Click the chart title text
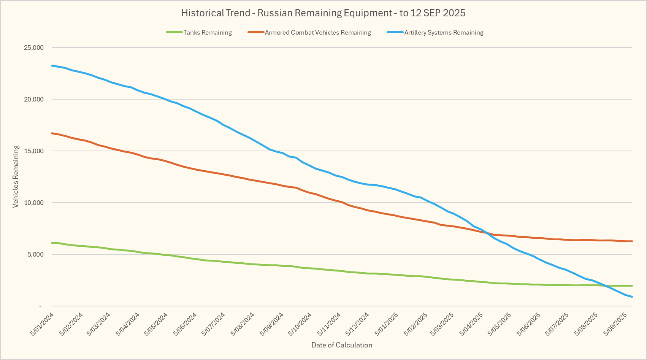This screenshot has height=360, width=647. pos(323,13)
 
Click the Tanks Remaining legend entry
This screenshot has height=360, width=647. pos(207,33)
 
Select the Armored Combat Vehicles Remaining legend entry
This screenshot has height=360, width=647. pos(317,33)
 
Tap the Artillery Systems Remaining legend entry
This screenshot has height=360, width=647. pos(443,33)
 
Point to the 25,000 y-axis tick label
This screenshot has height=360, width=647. pos(34,48)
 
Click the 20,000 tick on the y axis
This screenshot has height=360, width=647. pos(34,99)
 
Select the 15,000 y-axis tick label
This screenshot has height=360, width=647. pos(34,151)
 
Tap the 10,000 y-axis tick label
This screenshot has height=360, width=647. pos(34,203)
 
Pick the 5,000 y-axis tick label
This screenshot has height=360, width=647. pos(36,254)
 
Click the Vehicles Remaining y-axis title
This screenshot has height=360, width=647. pos(16,177)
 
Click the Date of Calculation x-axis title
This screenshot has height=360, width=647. pos(342,345)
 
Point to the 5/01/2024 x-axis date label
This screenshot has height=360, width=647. pos(42,324)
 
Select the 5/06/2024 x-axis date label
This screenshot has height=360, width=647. pos(185,324)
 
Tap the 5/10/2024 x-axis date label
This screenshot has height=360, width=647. pos(300,324)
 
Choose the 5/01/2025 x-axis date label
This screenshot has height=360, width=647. pos(386,324)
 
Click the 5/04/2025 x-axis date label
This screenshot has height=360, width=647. pos(472,324)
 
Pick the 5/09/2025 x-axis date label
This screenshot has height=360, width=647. pos(615,324)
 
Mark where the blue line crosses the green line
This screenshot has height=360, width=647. pos(606,286)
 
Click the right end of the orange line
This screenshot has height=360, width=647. pos(632,241)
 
